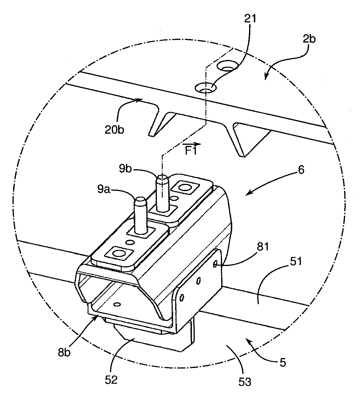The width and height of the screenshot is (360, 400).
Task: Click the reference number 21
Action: tap(250, 19)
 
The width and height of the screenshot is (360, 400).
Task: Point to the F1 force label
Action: tap(191, 151)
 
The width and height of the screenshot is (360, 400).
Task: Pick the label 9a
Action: tap(104, 189)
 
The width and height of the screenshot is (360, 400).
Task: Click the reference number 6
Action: tap(301, 170)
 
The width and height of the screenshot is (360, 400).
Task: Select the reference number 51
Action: tap(295, 261)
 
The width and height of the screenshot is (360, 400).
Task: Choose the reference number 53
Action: tap(245, 382)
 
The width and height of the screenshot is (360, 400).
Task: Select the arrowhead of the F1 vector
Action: tap(199, 144)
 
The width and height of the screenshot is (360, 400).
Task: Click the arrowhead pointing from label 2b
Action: tap(266, 77)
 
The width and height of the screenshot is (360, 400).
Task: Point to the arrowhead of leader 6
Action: tap(247, 194)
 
